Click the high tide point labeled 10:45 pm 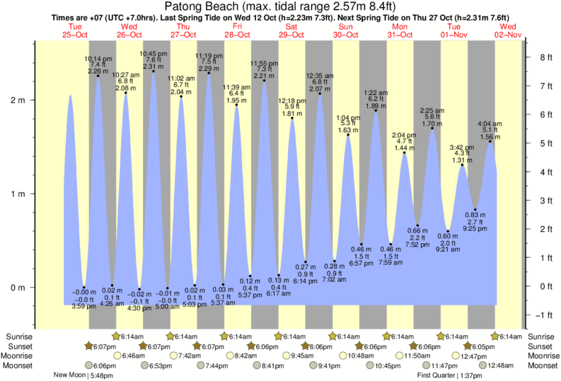click(154, 71)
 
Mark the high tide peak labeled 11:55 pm click(264, 81)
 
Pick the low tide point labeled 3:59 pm click(84, 287)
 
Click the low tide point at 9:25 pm click(475, 210)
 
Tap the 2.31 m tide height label click(154, 66)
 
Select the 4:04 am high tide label click(490, 124)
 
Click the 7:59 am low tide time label click(391, 262)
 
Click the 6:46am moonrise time click(134, 356)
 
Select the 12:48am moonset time click(499, 365)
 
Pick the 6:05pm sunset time click(484, 347)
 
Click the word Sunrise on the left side click(17, 337)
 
